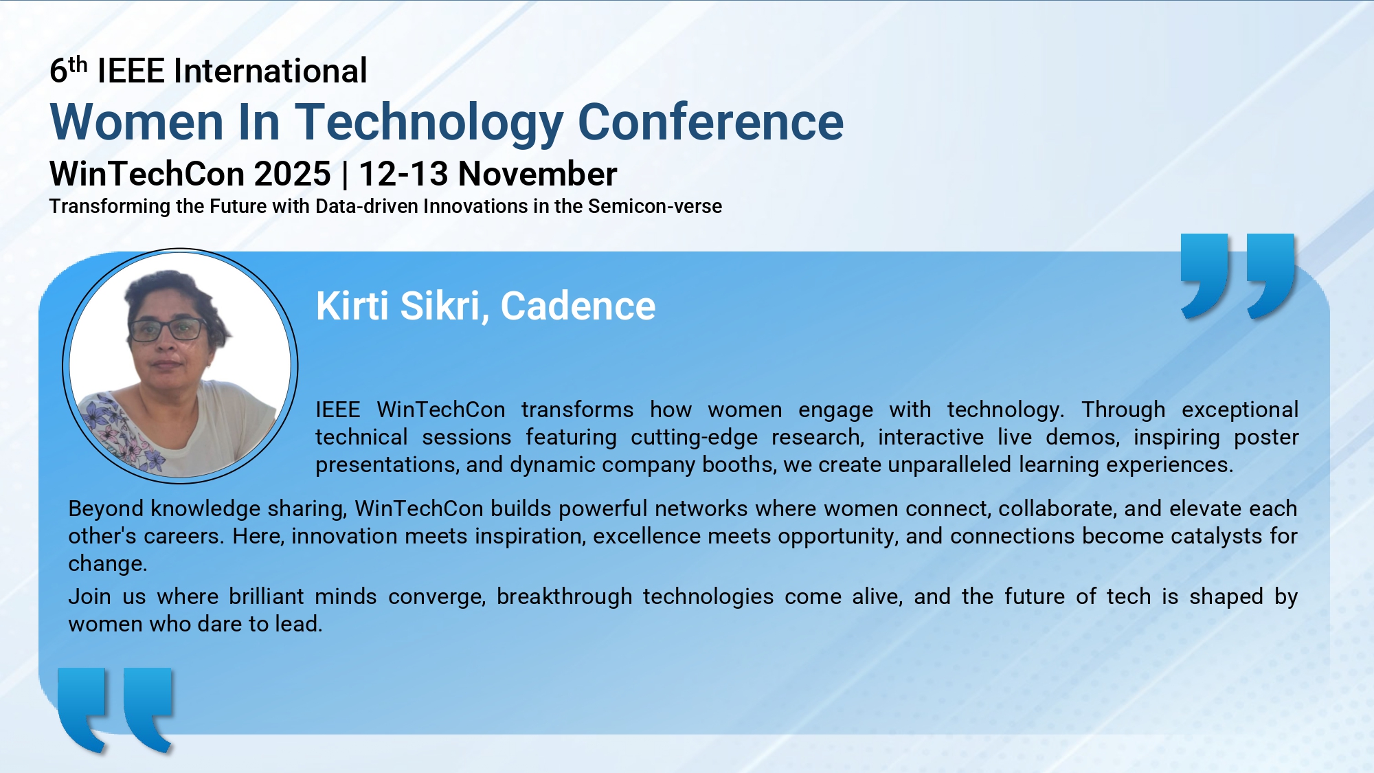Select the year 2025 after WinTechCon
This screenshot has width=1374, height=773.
pyautogui.click(x=292, y=174)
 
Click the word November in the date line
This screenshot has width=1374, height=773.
pyautogui.click(x=537, y=174)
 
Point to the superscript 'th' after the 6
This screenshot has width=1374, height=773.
pyautogui.click(x=78, y=65)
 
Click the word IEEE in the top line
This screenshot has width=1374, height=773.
pyautogui.click(x=131, y=71)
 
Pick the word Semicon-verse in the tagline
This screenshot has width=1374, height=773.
pyautogui.click(x=655, y=206)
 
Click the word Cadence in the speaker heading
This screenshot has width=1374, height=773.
pyautogui.click(x=578, y=306)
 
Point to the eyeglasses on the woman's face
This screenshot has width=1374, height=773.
pyautogui.click(x=168, y=330)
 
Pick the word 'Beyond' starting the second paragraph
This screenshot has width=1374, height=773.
pyautogui.click(x=106, y=509)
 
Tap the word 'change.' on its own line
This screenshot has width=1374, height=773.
pyautogui.click(x=108, y=564)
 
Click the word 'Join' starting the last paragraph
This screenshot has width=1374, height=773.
pyautogui.click(x=89, y=596)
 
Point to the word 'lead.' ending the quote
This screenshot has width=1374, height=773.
pyautogui.click(x=299, y=624)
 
